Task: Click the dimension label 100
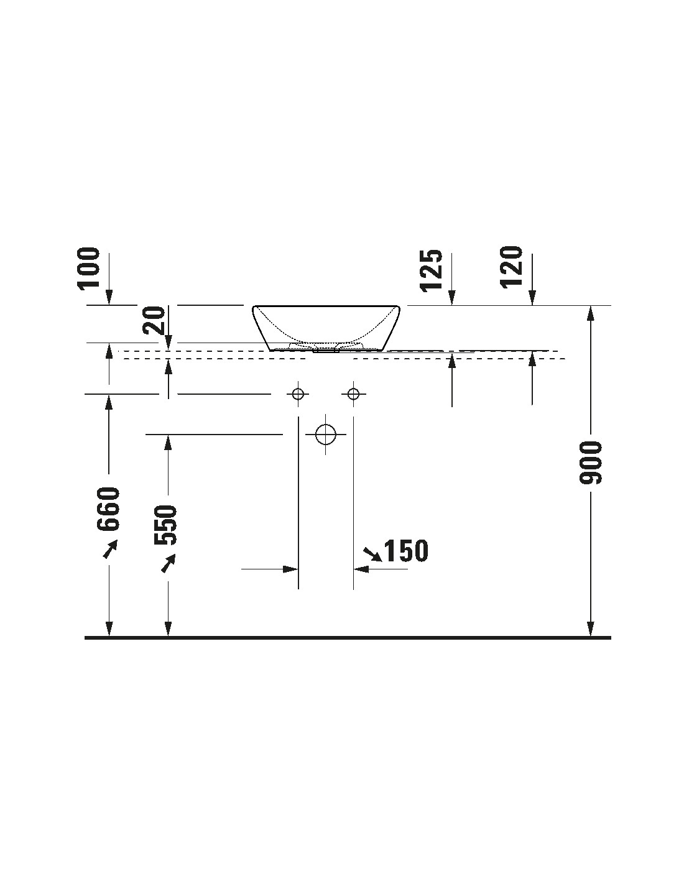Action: (x=90, y=268)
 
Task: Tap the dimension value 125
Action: (x=432, y=270)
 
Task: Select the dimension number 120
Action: (x=512, y=267)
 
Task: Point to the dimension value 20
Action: (x=154, y=321)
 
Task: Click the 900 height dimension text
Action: (x=590, y=463)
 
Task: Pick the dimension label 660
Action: (x=108, y=509)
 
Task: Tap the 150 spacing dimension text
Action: (x=406, y=550)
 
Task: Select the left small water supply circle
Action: (x=298, y=394)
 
